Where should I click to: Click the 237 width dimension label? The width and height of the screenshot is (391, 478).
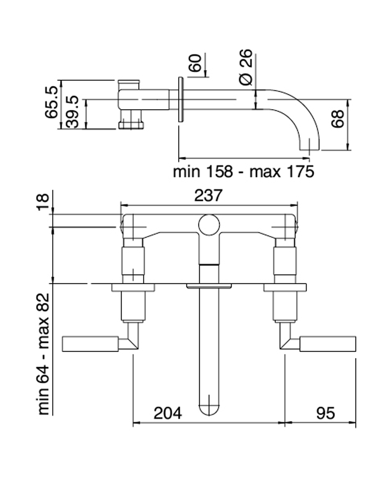209,195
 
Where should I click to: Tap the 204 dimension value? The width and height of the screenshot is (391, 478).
168,413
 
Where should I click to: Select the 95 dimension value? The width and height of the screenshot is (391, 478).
325,413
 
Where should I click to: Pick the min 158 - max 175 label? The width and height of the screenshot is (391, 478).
243,172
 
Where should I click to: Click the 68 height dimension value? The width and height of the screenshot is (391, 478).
338,119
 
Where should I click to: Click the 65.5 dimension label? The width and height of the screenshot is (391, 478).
52,102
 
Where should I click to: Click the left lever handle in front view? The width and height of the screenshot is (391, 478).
90,343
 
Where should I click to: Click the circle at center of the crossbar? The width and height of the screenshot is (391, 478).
209,225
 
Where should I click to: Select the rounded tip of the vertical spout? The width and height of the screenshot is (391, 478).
209,408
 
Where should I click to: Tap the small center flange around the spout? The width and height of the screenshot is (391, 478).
209,286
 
